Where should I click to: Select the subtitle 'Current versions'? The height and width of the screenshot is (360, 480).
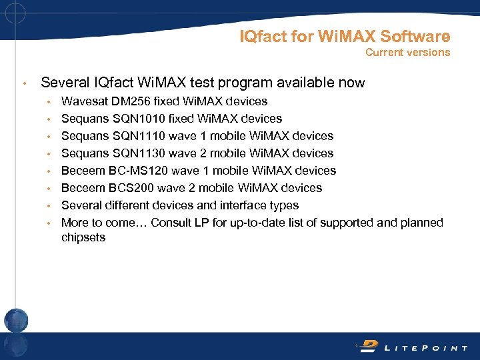click(407, 52)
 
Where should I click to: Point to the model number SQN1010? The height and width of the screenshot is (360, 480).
click(134, 119)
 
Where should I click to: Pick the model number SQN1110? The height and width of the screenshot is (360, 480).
click(133, 136)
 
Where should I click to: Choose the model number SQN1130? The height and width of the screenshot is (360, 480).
click(134, 153)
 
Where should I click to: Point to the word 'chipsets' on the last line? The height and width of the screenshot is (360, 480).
click(83, 237)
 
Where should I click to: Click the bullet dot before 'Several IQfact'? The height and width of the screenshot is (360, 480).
click(23, 84)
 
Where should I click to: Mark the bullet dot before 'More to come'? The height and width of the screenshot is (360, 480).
click(49, 223)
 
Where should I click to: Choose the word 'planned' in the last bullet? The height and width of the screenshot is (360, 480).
click(422, 223)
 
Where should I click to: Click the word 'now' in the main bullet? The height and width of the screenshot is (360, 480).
click(353, 83)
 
